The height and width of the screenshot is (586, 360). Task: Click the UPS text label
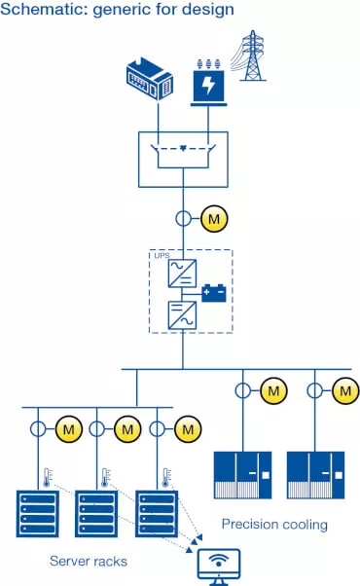coord(162,255)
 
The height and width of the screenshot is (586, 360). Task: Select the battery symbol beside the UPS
coord(213,290)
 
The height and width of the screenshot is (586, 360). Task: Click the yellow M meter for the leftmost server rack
coord(69,427)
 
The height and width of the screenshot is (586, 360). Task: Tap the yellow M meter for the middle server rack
coord(126,427)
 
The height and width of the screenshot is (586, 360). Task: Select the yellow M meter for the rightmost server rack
coord(185,427)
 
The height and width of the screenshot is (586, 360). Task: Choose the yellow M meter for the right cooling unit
coord(344,391)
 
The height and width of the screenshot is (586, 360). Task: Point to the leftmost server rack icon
coord(39,514)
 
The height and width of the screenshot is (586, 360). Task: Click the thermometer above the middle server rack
coord(102,477)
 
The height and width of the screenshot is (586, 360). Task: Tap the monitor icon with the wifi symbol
coord(216,562)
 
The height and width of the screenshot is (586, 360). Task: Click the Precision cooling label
coord(274,525)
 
